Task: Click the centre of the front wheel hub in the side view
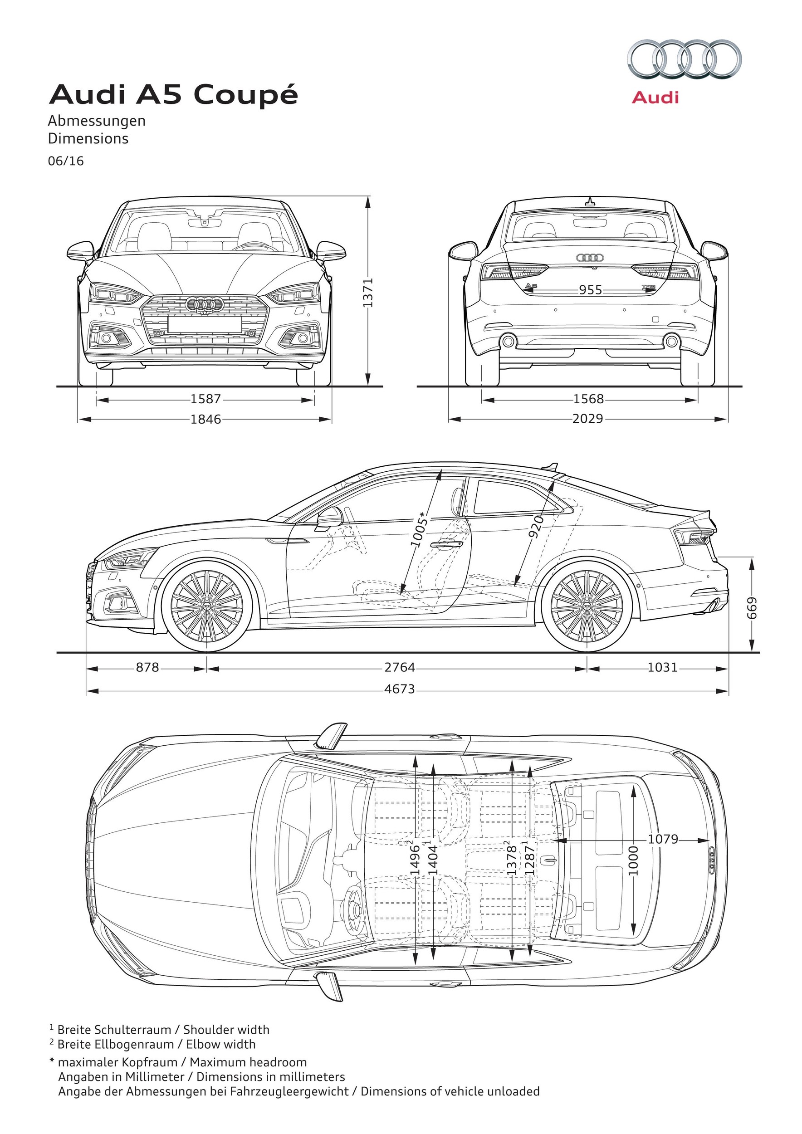[x=206, y=606]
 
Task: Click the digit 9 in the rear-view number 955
[x=584, y=290]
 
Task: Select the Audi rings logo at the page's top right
[x=685, y=59]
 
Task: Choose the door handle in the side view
[x=445, y=544]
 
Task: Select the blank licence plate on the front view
[x=205, y=324]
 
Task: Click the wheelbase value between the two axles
[x=400, y=668]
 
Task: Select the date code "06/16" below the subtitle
[x=66, y=161]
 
